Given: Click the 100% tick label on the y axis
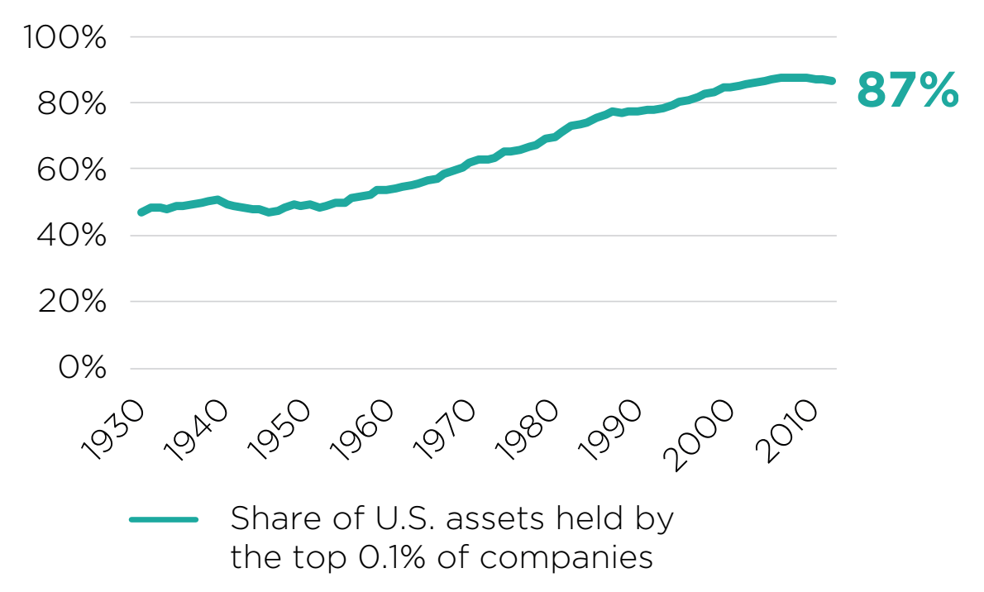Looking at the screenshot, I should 65,37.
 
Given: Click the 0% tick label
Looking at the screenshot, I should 82,368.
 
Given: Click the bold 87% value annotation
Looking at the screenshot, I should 907,89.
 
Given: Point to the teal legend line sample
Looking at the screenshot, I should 164,520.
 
